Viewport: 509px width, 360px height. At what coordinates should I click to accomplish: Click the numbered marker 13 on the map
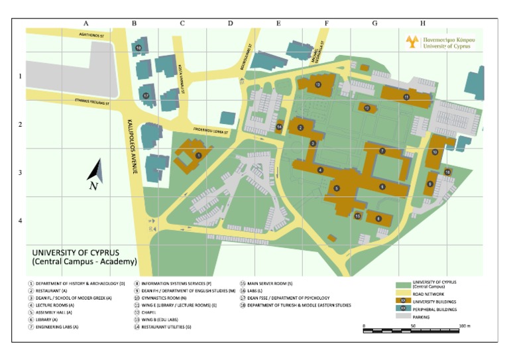point(318,84)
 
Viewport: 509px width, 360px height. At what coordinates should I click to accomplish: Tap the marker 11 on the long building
point(406,97)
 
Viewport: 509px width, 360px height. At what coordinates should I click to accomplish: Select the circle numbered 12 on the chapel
point(367,107)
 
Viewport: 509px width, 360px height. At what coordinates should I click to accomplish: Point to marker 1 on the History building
point(199,155)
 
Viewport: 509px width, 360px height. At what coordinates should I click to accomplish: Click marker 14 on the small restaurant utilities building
point(279,126)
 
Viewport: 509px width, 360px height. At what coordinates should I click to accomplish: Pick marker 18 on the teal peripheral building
point(139,48)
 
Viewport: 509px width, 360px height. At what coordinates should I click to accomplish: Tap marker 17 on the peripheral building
point(145,95)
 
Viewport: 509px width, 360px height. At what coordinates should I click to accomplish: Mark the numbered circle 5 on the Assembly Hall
point(337,189)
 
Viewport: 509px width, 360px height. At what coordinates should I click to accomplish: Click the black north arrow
point(95,170)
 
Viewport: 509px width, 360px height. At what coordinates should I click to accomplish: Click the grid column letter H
point(423,23)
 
